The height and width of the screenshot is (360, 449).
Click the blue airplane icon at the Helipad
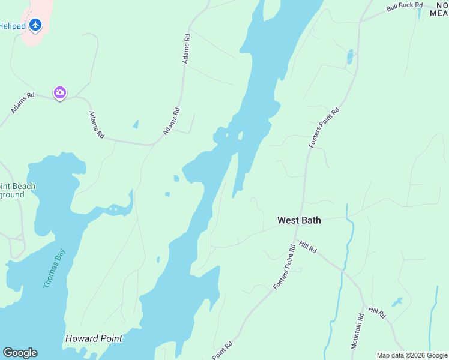35,25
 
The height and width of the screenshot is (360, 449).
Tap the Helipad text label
11,26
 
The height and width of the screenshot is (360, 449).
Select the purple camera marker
60,92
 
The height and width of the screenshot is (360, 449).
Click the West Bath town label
299,220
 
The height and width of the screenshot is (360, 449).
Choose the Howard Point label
93,338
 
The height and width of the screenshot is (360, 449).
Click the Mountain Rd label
358,332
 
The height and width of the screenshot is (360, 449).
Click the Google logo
20,353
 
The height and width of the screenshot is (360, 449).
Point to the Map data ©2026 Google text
412,355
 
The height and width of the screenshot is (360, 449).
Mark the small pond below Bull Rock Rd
349,57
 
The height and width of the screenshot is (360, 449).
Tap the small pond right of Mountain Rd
397,301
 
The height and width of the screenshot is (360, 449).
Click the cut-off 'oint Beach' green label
17,186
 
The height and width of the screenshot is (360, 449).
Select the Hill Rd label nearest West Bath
307,247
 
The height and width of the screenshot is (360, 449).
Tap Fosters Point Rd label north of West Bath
324,128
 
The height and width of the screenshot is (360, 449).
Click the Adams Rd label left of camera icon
23,103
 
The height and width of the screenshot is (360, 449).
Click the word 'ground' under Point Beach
12,195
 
